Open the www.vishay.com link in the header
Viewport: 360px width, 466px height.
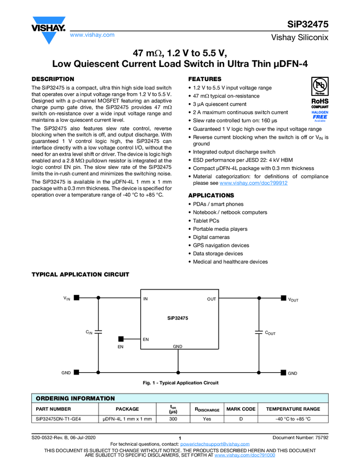pos(92,35)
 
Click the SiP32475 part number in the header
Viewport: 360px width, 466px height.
pos(308,25)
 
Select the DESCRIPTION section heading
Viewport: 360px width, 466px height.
pos(53,79)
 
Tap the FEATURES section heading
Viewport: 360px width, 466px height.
pos(205,79)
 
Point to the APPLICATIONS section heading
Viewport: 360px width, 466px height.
pos(211,195)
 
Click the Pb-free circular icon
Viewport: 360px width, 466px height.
pos(320,88)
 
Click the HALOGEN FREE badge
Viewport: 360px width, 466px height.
pos(320,115)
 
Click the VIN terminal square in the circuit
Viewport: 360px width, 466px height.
pos(77,298)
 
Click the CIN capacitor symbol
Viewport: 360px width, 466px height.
pos(99,332)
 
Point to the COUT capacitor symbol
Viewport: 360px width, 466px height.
pos(259,332)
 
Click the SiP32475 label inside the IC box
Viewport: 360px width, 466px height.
pos(178,318)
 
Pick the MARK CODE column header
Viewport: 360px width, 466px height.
pos(241,409)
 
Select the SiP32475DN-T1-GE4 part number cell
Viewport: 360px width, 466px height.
pos(58,419)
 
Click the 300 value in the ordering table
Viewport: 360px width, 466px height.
pos(173,419)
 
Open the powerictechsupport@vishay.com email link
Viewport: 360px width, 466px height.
pos(214,444)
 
